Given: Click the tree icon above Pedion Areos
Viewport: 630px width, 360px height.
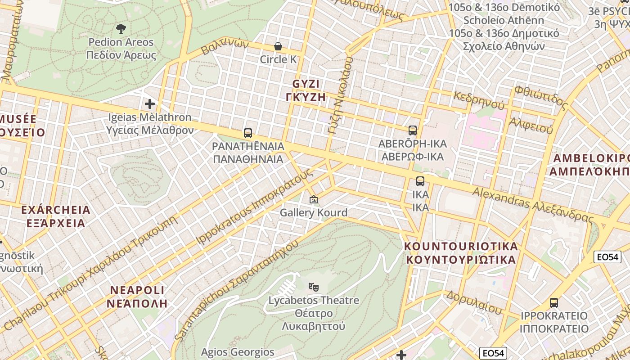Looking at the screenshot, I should (x=121, y=29).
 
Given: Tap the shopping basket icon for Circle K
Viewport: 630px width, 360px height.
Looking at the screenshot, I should (x=278, y=46).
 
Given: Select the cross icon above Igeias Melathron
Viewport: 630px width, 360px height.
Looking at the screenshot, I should (x=150, y=104).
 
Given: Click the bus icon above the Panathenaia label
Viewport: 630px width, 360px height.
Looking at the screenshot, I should (x=248, y=133).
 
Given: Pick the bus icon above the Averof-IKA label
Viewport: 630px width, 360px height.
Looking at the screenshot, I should (x=412, y=130).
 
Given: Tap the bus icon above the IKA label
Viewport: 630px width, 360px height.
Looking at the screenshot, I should (x=420, y=181).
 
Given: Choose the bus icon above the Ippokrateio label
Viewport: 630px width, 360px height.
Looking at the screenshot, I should (x=554, y=302).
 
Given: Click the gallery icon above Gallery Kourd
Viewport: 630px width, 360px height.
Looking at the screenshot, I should (x=314, y=199).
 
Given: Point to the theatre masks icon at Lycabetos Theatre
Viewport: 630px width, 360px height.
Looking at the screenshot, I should (x=314, y=286).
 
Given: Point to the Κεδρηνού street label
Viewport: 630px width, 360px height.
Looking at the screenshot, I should (x=479, y=100).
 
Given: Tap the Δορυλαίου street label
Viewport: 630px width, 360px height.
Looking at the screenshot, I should (x=473, y=302).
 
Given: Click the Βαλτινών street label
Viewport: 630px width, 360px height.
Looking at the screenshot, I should (x=225, y=46).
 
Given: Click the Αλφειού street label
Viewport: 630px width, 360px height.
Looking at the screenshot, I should (x=531, y=125).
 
